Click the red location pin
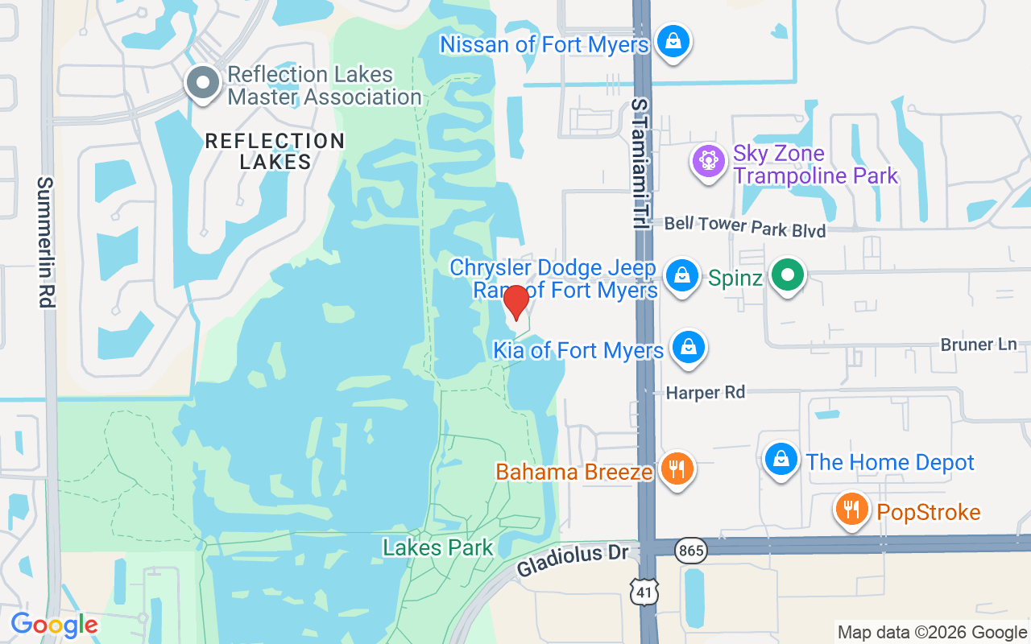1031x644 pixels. pos(515,303)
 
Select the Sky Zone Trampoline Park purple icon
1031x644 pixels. pos(709,161)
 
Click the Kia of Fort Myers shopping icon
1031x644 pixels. pos(689,348)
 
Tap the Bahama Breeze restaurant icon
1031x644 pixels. pos(677,469)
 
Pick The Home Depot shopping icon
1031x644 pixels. pos(780,460)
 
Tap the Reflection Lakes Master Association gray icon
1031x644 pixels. pos(202,83)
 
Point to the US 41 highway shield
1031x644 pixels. pos(645,589)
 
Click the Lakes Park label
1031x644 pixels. pos(438,548)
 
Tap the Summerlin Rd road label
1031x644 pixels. pos(45,242)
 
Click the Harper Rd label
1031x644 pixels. pos(705,393)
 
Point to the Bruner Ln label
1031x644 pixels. pos(979,345)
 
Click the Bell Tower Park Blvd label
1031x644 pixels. pos(745,226)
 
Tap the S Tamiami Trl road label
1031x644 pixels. pos(640,165)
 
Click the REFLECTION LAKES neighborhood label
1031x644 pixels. pos(275,151)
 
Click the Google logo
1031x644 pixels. pos(54,625)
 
